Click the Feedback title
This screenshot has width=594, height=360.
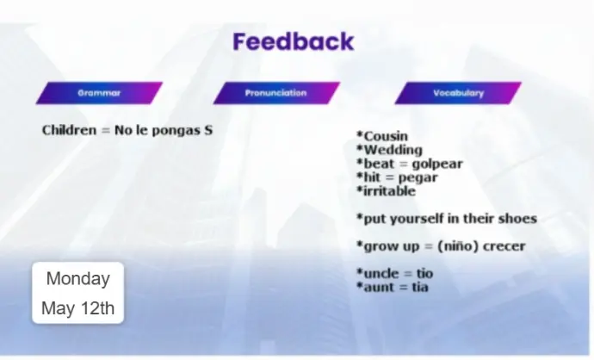(x=294, y=41)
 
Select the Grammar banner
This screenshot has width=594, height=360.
(x=99, y=93)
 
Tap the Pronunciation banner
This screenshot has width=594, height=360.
(x=276, y=93)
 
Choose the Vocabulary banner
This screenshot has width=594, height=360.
(x=458, y=93)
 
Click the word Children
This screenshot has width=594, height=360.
(x=70, y=130)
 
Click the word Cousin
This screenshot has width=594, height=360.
(x=386, y=136)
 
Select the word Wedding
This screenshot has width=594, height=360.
(x=393, y=150)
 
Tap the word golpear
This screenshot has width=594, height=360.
(x=437, y=164)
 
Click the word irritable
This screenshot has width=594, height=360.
(x=389, y=191)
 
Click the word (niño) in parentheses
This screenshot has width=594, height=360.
(x=458, y=246)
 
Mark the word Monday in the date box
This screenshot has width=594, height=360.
(x=78, y=279)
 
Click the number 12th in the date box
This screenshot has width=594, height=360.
(x=97, y=308)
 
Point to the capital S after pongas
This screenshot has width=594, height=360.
(x=208, y=130)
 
